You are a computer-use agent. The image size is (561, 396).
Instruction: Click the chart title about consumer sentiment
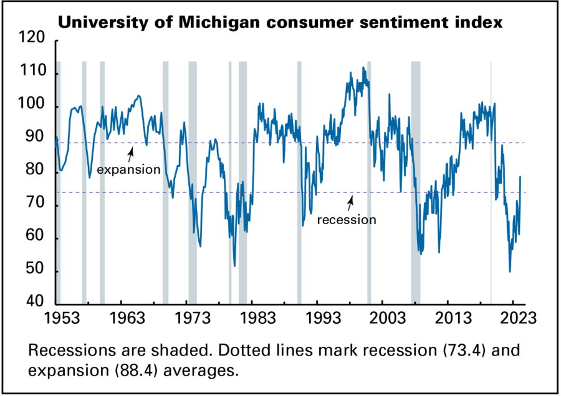pos(280,24)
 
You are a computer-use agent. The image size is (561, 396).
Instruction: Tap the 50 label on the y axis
pos(36,271)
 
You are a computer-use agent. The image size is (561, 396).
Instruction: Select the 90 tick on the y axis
pos(36,139)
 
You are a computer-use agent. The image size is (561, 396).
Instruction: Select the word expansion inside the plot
pos(129,169)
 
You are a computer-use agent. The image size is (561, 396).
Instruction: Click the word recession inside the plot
pos(347,220)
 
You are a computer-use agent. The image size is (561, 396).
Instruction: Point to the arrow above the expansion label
pos(131,153)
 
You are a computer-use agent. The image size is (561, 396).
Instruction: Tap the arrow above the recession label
pos(351,201)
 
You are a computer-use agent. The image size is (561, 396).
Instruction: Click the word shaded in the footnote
pos(145,351)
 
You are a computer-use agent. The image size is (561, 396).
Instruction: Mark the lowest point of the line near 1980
pos(235,266)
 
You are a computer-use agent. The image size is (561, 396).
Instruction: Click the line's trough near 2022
pos(510,271)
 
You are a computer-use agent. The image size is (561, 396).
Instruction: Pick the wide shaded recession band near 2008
pos(416,181)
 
